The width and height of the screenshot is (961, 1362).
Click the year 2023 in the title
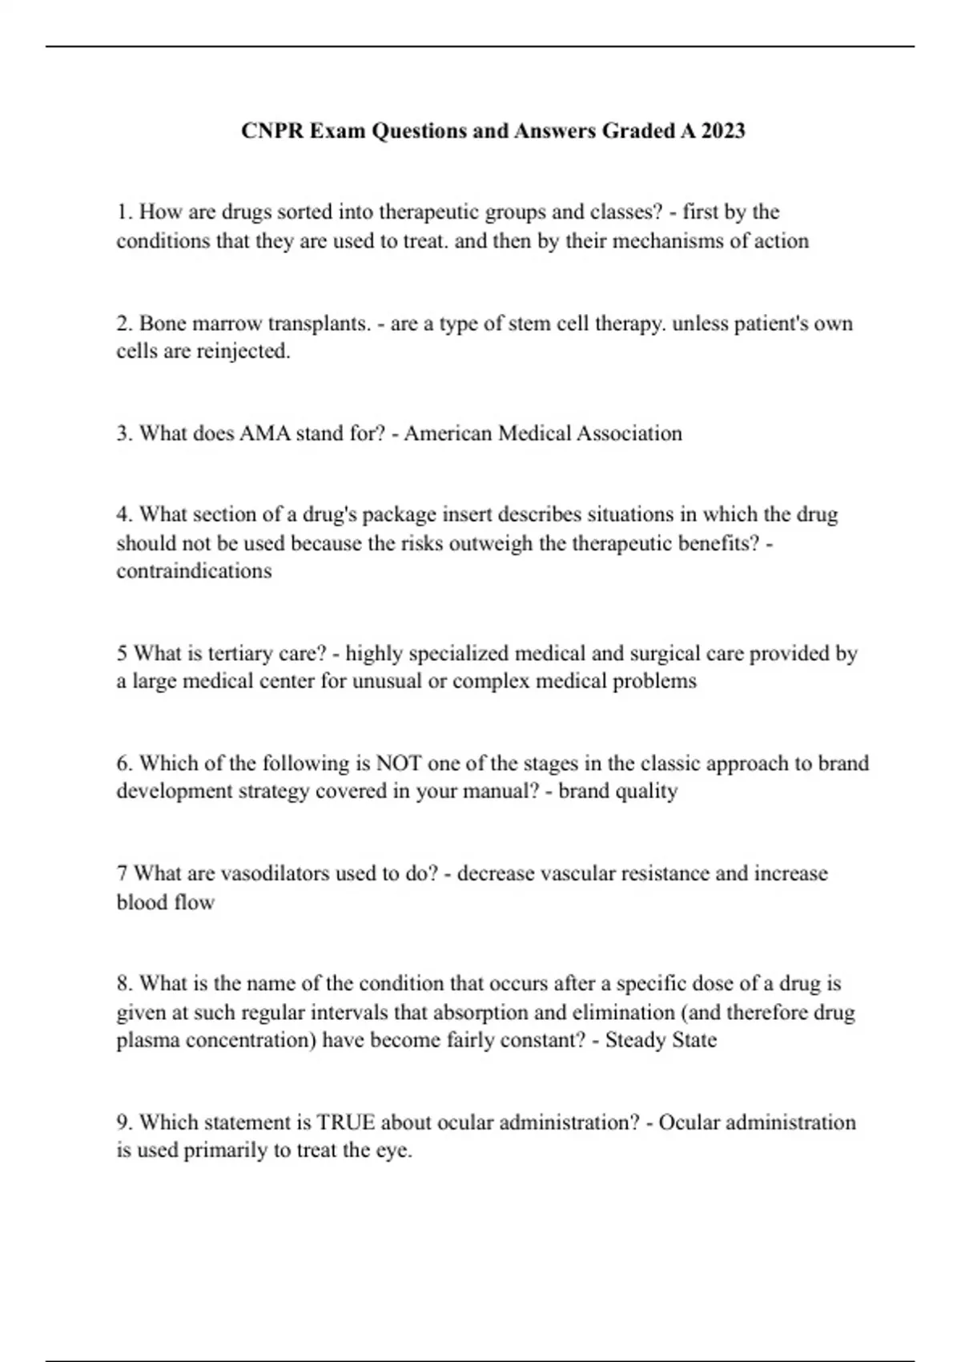(x=723, y=131)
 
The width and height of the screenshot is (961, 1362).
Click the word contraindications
(x=194, y=571)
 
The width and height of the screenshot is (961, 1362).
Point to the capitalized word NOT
(x=399, y=764)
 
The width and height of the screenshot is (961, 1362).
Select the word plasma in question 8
(x=148, y=1041)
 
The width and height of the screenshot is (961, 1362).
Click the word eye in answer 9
(x=394, y=1151)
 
